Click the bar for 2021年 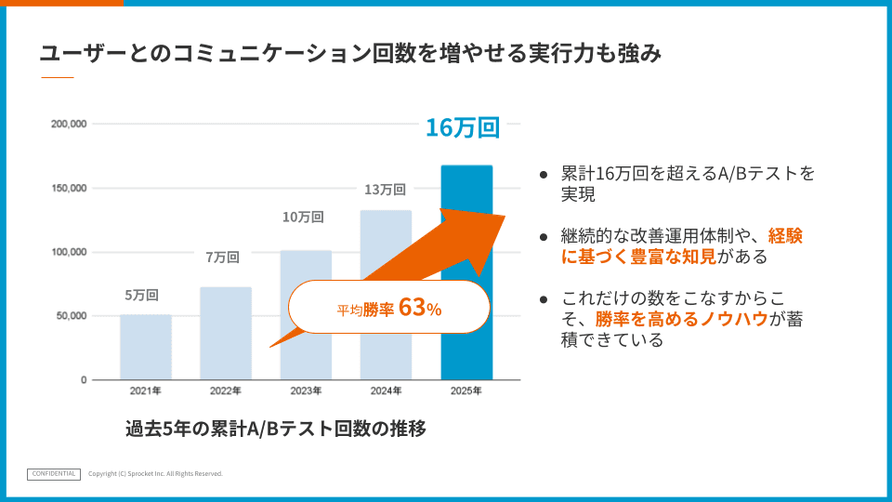(x=146, y=347)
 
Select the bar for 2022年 (x=226, y=334)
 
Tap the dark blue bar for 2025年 (x=466, y=272)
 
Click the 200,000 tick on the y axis (x=69, y=124)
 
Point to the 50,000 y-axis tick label (x=72, y=316)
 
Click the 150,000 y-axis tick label (x=69, y=189)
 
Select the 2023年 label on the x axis (x=306, y=391)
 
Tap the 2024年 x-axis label (x=387, y=391)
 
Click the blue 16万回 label (x=463, y=127)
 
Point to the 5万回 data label (x=141, y=296)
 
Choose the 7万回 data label (x=222, y=258)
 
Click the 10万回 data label (x=303, y=217)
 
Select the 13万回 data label (x=385, y=190)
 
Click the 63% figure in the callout (x=420, y=308)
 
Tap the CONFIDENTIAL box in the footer (x=54, y=474)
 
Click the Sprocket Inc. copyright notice (x=155, y=473)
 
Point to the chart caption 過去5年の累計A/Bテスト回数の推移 (x=276, y=429)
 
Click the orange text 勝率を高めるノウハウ (x=682, y=319)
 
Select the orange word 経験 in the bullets (x=785, y=235)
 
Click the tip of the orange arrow (x=505, y=216)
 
